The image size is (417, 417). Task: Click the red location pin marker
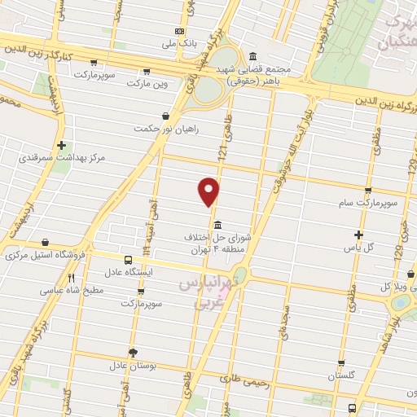tap(209, 191)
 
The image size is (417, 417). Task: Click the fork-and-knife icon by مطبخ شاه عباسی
tap(72, 278)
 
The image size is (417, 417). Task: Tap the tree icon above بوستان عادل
tap(134, 353)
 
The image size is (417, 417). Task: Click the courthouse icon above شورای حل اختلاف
tap(217, 225)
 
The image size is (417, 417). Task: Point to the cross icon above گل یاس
tap(358, 235)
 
